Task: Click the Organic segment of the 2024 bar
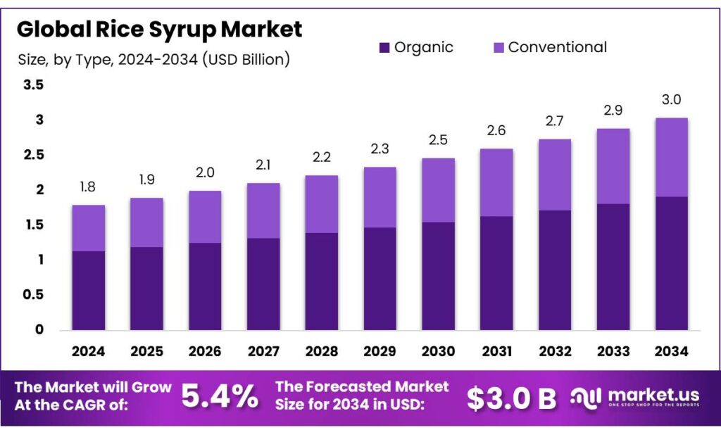(89, 291)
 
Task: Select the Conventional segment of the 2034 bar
(671, 157)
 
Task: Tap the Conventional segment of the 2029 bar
(380, 197)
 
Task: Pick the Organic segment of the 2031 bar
(496, 273)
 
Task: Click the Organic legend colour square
(384, 48)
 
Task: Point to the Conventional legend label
(557, 48)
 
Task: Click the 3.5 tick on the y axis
(34, 85)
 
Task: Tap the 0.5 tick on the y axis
(34, 295)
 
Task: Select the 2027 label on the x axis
(263, 351)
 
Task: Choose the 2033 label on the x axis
(613, 351)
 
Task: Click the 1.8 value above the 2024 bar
(89, 187)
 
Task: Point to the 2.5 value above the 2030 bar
(438, 140)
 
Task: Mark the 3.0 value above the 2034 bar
(671, 99)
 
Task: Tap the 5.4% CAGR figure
(220, 397)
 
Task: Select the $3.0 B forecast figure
(512, 398)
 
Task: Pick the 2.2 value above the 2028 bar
(322, 157)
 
